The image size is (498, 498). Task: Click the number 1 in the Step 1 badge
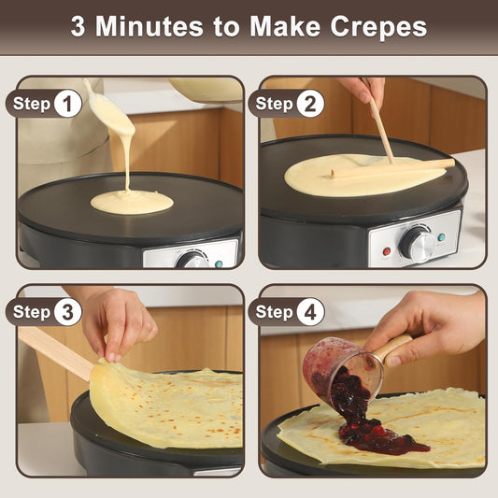[x=66, y=104]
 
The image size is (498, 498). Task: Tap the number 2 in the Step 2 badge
[x=310, y=104]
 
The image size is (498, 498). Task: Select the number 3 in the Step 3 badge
[x=66, y=312]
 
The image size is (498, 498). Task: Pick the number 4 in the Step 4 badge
[x=310, y=312]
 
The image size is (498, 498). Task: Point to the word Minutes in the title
[x=151, y=26]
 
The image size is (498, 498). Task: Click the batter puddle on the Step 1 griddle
[x=132, y=201]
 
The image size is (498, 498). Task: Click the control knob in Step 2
[x=415, y=242]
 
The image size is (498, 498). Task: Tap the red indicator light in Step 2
[x=386, y=251]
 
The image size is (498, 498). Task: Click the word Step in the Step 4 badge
[x=274, y=312]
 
